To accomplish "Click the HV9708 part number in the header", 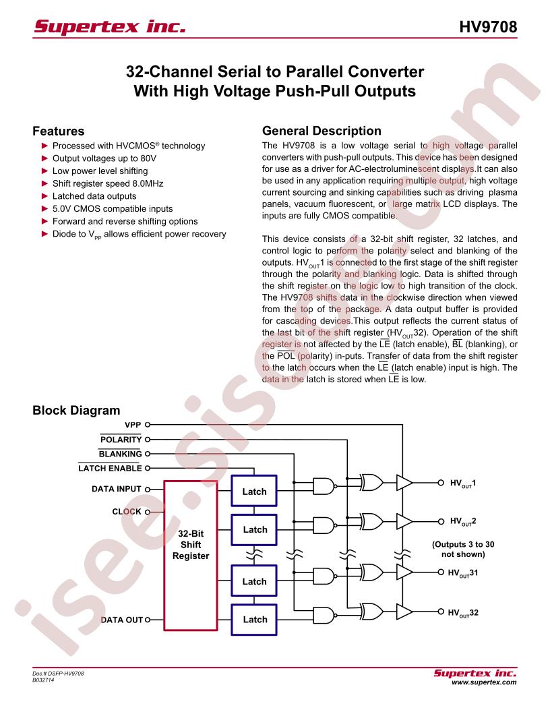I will tap(489, 28).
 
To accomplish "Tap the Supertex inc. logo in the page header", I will tap(111, 28).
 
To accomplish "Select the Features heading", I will tap(59, 131).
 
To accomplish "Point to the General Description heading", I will tap(321, 131).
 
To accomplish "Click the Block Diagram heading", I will tap(76, 410).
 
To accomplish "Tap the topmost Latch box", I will tap(254, 492).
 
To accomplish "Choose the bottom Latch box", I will tap(254, 619).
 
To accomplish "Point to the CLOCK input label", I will tap(127, 512).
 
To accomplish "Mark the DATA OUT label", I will tap(122, 619).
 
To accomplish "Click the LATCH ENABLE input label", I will tap(110, 467).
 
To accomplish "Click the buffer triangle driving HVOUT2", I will tap(404, 521).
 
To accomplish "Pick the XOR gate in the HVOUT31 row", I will tap(371, 572).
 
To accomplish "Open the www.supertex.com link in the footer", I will tap(483, 682).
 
